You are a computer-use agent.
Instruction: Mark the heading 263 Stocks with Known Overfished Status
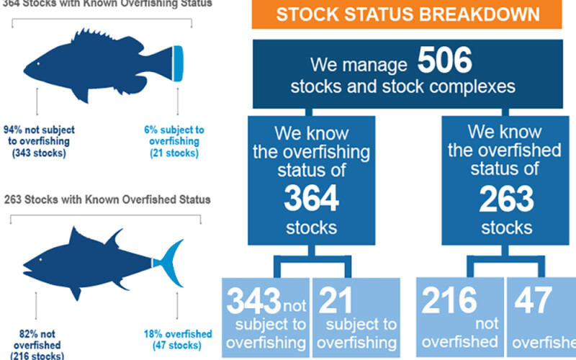pyautogui.click(x=106, y=199)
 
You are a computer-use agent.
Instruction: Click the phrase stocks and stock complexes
pyautogui.click(x=404, y=88)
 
